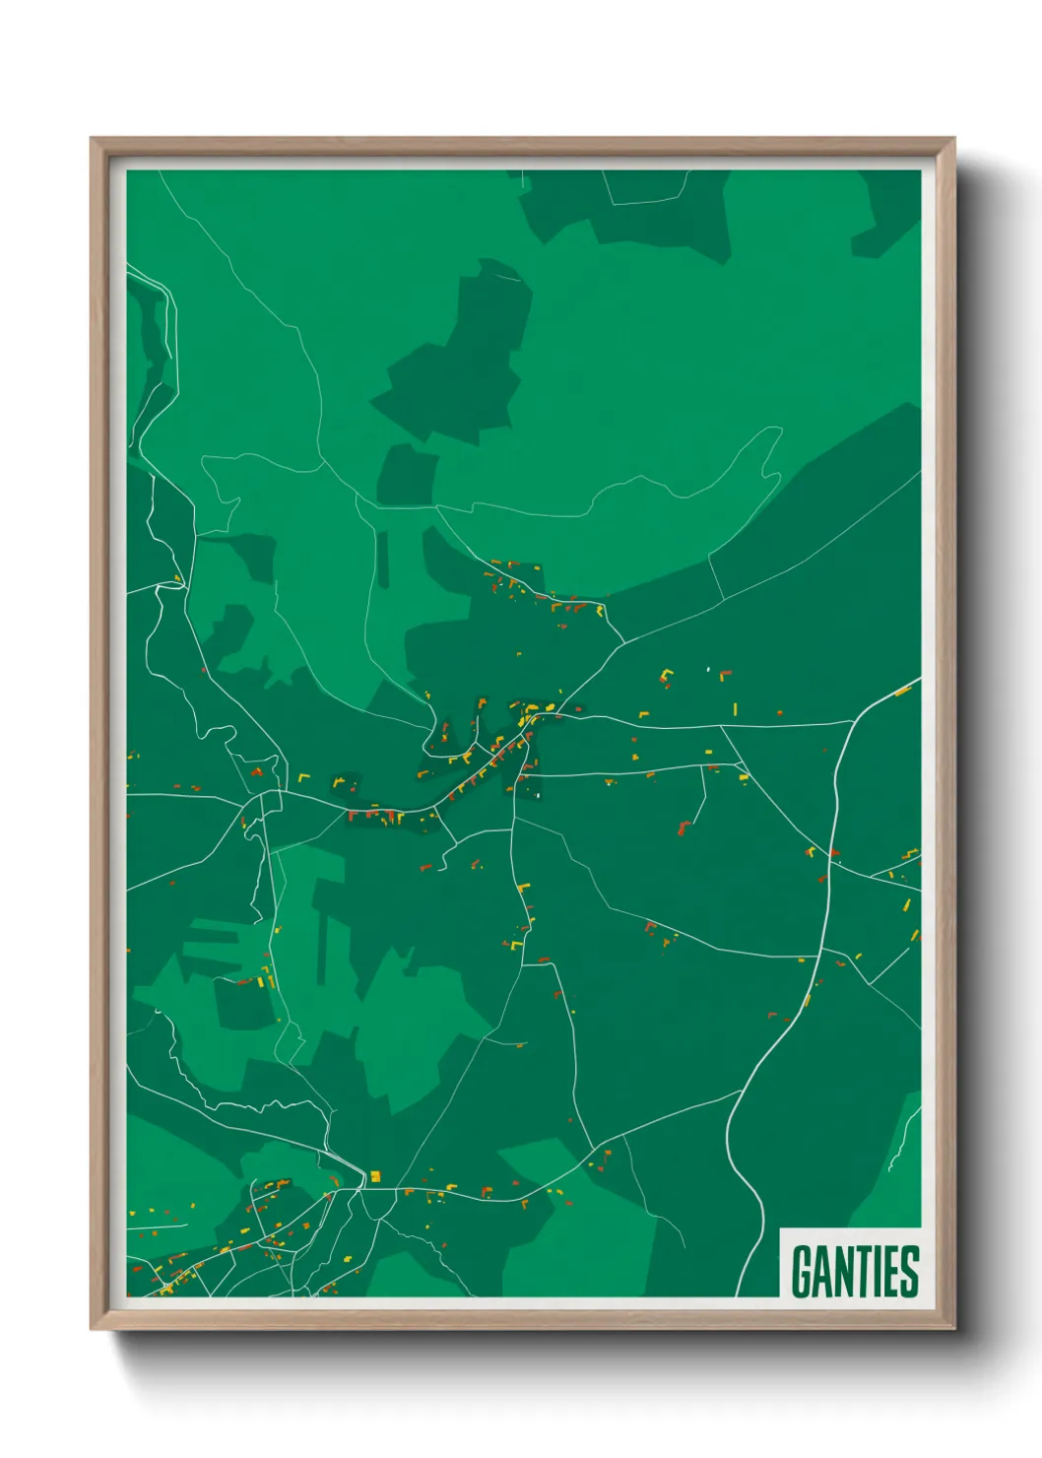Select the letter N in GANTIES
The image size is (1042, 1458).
tap(846, 1272)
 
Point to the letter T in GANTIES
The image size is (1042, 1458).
tap(866, 1272)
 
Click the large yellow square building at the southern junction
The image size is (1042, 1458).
tap(375, 1176)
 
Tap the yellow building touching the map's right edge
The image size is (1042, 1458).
tap(902, 691)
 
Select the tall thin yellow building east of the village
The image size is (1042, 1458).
tap(735, 708)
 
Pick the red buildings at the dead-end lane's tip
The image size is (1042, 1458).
tap(683, 827)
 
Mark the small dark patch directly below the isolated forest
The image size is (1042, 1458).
tap(406, 475)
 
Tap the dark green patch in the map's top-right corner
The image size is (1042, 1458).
tap(886, 212)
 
